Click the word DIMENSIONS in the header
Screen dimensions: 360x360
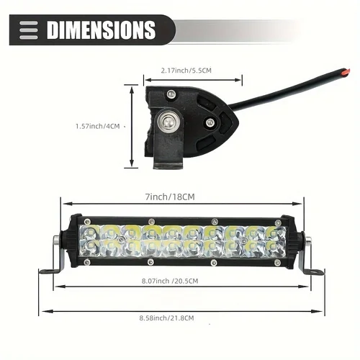tap(101, 30)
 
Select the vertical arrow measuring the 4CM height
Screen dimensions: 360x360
tap(131, 125)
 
